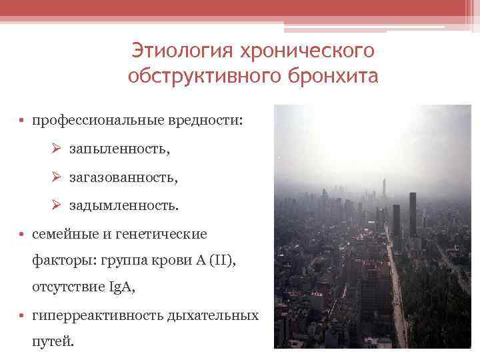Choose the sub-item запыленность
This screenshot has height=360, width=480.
(119, 150)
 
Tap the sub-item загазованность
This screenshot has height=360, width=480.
(124, 178)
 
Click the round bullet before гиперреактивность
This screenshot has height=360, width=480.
(23, 315)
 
